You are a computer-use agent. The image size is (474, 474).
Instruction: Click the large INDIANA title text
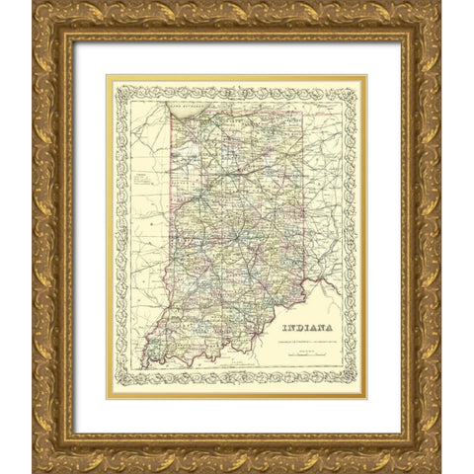[307, 329]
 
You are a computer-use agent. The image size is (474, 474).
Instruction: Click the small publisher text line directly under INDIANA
[307, 341]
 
